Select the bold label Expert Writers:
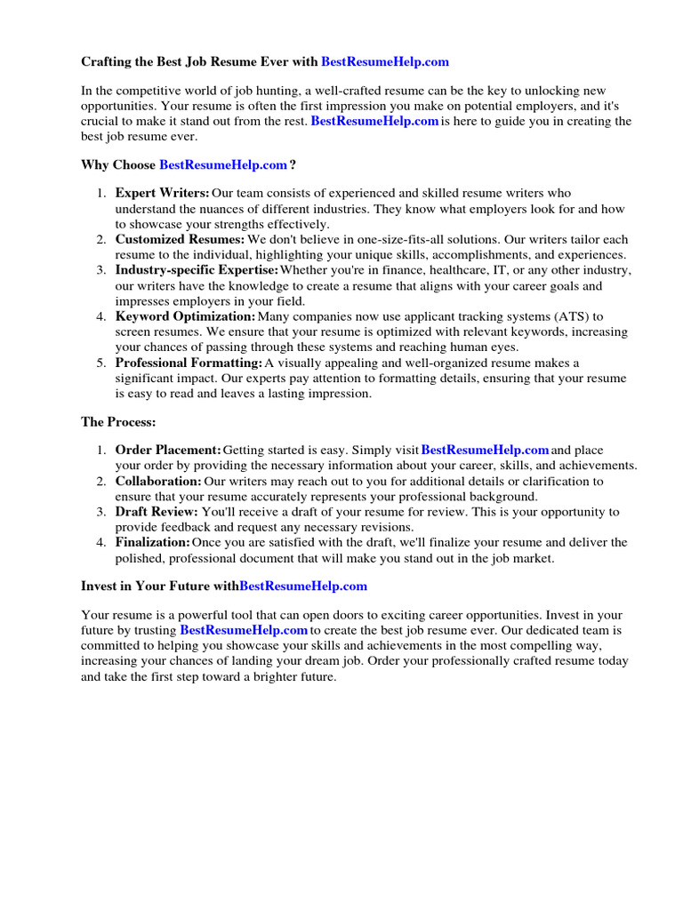pyautogui.click(x=163, y=193)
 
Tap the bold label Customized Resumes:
pyautogui.click(x=180, y=239)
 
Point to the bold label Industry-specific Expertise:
pyautogui.click(x=197, y=270)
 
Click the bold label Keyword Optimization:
pyautogui.click(x=185, y=316)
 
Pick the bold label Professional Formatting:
pyautogui.click(x=189, y=363)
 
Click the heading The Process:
pyautogui.click(x=118, y=421)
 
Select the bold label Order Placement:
pyautogui.click(x=168, y=451)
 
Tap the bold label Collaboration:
pyautogui.click(x=158, y=481)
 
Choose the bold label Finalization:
pyautogui.click(x=153, y=542)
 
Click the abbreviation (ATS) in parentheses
pyautogui.click(x=558, y=316)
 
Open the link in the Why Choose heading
pyautogui.click(x=223, y=164)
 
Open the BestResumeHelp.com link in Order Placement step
pyautogui.click(x=485, y=451)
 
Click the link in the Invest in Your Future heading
pyautogui.click(x=303, y=587)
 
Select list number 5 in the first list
pyautogui.click(x=101, y=363)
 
